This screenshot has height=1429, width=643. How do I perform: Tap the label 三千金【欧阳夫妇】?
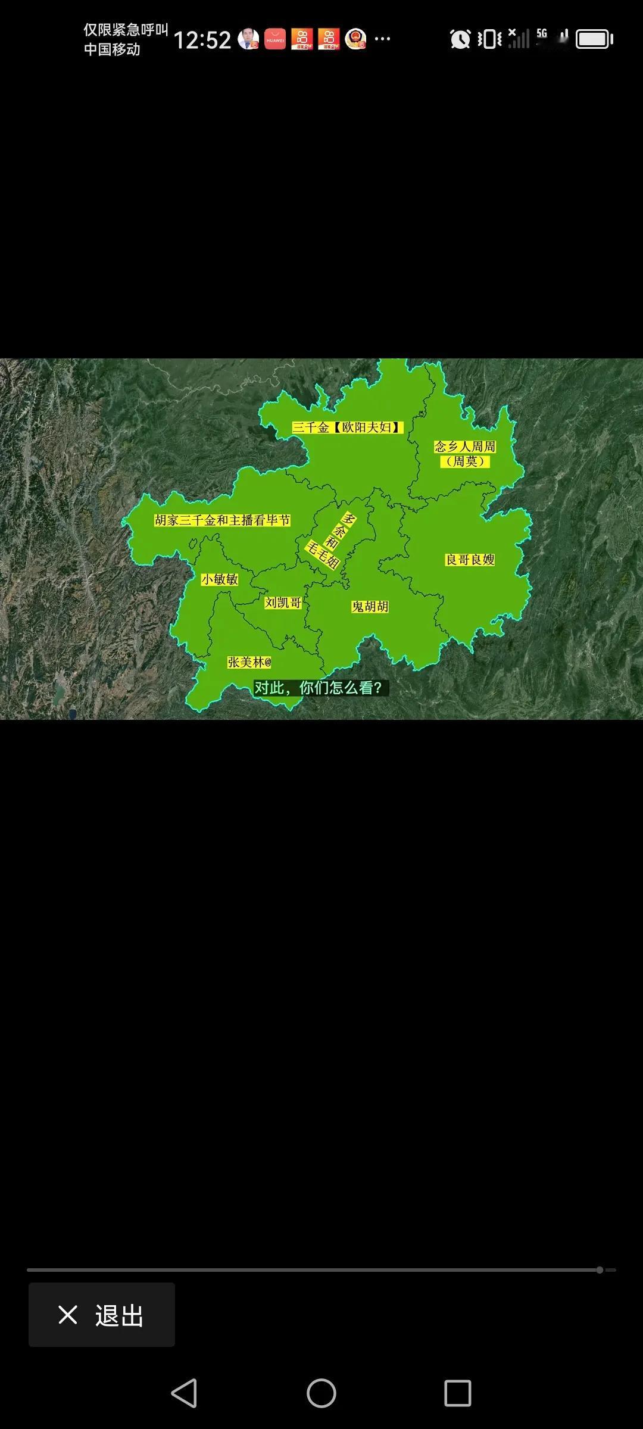(348, 427)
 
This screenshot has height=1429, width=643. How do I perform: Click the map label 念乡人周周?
(465, 447)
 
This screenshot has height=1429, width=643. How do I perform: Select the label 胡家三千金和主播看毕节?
(222, 520)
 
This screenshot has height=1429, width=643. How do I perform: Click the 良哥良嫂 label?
(470, 560)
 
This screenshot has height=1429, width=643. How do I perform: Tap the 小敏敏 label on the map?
(220, 579)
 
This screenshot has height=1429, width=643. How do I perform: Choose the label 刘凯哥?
(283, 603)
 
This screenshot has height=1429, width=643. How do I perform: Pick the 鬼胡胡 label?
(370, 607)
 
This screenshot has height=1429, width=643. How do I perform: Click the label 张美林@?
(249, 662)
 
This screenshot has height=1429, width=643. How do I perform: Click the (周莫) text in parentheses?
(465, 461)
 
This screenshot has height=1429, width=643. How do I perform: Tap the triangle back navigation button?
(184, 1393)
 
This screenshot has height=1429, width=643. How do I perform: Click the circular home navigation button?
(321, 1393)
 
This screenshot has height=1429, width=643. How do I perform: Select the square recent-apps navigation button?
(458, 1393)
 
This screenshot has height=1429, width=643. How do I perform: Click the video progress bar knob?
(600, 1270)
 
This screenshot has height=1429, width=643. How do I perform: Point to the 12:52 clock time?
(202, 40)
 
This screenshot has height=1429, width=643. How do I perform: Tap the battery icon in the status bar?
(594, 39)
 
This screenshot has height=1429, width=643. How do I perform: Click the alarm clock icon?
(460, 39)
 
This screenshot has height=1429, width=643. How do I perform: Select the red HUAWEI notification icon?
(275, 39)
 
